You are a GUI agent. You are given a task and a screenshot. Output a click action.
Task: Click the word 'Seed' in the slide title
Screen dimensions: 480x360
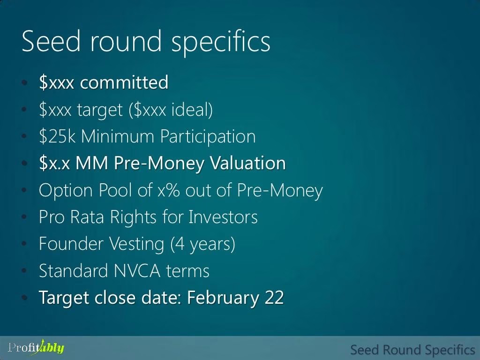pos(51,41)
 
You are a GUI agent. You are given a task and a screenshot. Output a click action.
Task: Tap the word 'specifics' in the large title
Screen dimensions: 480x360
pos(221,43)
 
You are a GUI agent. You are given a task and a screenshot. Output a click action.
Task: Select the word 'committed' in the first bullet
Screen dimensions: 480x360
pos(124,82)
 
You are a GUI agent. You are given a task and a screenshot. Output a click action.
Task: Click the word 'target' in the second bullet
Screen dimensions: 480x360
pos(100,110)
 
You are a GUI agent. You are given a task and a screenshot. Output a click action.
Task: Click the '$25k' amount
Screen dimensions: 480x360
pos(57,136)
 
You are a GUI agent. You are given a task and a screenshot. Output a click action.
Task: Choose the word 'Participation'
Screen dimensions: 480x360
pos(208,137)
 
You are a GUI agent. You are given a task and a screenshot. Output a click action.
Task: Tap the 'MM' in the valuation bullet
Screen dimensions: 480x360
pos(91,163)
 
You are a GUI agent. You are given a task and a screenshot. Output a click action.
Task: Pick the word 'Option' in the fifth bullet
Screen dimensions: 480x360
pos(66,191)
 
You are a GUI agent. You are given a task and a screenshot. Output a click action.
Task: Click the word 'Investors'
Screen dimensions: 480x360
pos(223,217)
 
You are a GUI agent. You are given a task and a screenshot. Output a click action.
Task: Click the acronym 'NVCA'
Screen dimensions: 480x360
pos(137,271)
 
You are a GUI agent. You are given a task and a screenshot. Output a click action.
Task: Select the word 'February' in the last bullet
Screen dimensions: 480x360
pos(223,298)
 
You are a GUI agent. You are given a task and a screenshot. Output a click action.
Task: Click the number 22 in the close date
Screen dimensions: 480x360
pos(274,298)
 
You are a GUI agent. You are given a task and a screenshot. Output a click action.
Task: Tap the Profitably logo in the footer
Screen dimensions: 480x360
pos(36,348)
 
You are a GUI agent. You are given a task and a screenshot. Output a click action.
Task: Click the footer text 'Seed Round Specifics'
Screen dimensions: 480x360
pos(412,350)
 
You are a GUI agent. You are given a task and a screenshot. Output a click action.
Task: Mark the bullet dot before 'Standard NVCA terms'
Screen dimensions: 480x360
pos(25,270)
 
